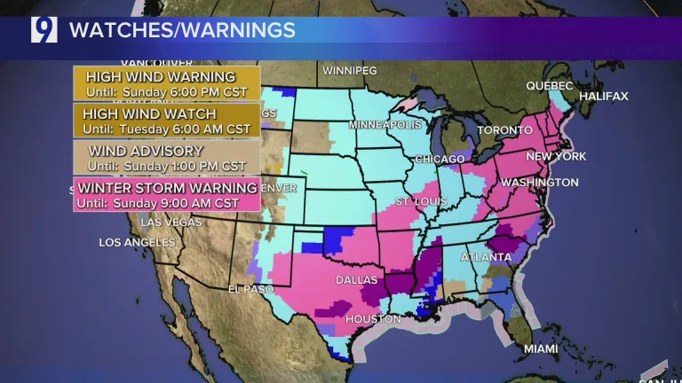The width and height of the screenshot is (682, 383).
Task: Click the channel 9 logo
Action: coord(44,29)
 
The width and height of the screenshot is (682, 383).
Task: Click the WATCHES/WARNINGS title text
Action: coord(182,30)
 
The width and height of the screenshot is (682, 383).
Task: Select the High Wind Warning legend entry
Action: coord(166,84)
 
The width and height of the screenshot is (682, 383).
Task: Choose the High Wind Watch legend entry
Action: coord(166,121)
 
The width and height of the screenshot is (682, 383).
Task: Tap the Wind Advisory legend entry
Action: coord(166,158)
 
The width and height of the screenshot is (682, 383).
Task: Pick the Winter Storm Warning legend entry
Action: coord(166,195)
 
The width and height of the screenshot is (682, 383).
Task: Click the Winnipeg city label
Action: coord(349,70)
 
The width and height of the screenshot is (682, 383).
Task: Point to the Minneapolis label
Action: coord(385,125)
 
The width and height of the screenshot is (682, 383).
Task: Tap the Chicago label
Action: coord(438,160)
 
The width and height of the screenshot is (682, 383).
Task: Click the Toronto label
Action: coord(504,130)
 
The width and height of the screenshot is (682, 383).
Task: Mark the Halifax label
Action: coord(603,96)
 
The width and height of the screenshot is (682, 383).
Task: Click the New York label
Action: coord(557,156)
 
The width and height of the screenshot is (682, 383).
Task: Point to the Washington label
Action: coord(540,183)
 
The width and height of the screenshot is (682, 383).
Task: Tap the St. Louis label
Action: coord(419,201)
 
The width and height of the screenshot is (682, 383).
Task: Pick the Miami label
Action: coord(541,348)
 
